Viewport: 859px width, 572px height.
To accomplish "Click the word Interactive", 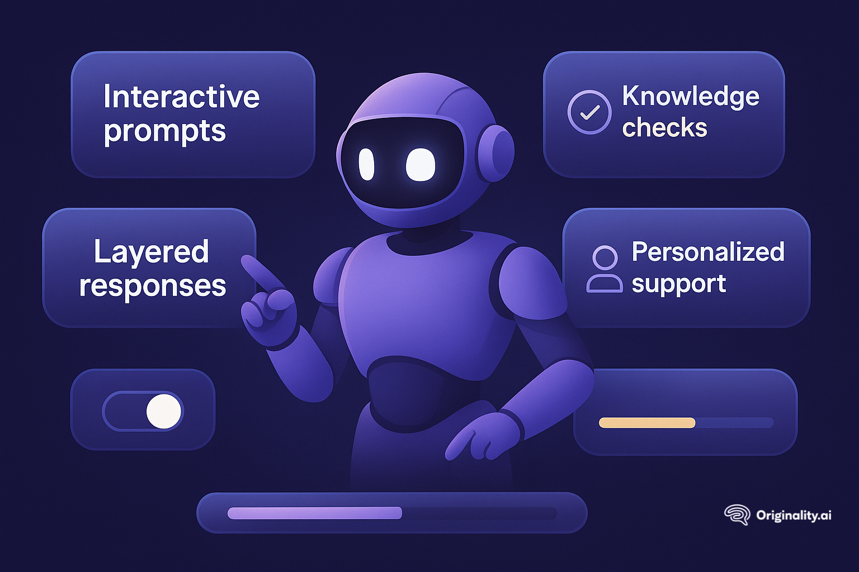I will point(181,97).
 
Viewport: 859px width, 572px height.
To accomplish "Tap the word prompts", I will point(164,132).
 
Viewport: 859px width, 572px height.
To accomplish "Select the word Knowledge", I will point(691,97).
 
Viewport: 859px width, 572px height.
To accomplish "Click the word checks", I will point(664,128).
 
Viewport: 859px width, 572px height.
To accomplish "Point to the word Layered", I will point(151,252).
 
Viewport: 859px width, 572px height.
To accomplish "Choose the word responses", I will point(152,286).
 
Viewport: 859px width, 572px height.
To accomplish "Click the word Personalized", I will point(708,252).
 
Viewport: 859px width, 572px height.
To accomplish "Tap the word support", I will point(678,284).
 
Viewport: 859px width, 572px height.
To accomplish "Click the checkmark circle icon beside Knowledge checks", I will point(589,112).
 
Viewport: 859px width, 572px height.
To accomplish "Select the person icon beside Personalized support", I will point(604,269).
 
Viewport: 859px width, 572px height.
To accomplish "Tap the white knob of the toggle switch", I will point(164,411).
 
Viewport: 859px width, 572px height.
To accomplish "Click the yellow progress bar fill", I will point(646,423).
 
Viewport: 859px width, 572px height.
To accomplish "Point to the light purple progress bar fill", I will point(314,513).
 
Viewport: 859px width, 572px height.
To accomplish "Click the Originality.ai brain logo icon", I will point(737,514).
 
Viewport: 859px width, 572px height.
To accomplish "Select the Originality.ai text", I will point(794,515).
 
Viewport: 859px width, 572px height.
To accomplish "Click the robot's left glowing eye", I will point(366,164).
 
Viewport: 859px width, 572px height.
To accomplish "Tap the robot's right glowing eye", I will point(420,165).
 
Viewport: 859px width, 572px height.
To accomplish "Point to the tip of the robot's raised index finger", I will point(247,261).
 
